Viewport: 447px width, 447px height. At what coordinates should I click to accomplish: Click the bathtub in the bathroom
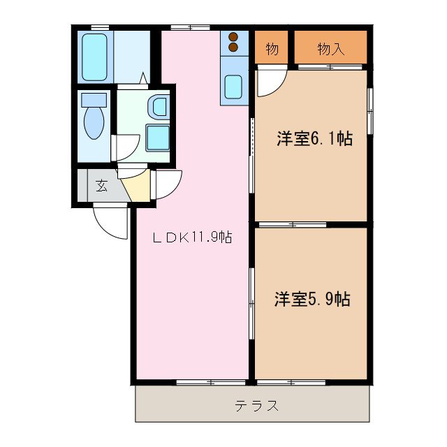94,57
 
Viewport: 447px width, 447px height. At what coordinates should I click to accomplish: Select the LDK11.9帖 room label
192,237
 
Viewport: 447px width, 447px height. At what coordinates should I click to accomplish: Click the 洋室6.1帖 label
314,138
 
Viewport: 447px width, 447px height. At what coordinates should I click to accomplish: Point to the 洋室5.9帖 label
312,300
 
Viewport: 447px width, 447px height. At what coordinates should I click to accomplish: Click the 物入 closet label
330,49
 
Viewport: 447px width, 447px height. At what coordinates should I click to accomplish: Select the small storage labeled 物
272,49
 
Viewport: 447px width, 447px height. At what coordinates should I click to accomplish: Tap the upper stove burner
233,37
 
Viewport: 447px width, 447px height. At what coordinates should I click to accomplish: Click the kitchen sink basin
233,88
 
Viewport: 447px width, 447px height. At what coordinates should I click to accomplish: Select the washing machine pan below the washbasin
158,138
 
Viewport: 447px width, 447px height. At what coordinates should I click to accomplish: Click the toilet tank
93,99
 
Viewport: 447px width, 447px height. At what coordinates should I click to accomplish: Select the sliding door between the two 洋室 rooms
292,224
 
